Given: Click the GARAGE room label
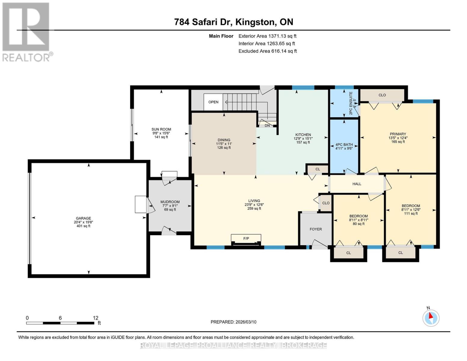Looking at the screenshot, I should (x=83, y=218).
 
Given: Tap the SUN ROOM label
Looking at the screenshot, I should (x=161, y=129).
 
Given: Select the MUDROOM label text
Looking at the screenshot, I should (x=170, y=202).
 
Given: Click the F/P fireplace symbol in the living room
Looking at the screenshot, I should (x=246, y=239).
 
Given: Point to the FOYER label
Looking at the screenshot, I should (x=316, y=229).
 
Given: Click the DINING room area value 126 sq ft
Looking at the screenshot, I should (x=224, y=148).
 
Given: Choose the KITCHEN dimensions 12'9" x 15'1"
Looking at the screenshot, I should (x=303, y=139).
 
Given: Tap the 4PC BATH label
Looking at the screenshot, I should (x=344, y=145).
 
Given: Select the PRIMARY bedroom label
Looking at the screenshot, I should (x=398, y=134).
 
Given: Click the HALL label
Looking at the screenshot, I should (x=357, y=184).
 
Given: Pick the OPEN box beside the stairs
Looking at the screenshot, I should (x=213, y=102).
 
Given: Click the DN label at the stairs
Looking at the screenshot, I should (x=267, y=125).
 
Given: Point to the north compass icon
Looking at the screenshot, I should (x=431, y=318).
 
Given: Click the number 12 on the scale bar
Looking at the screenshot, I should (x=96, y=318).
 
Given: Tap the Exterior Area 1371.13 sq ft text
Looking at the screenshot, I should (x=267, y=36).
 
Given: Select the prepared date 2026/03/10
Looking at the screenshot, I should (x=233, y=322).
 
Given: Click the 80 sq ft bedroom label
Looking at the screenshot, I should (x=358, y=224).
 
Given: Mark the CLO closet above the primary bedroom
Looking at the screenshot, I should (x=382, y=95).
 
